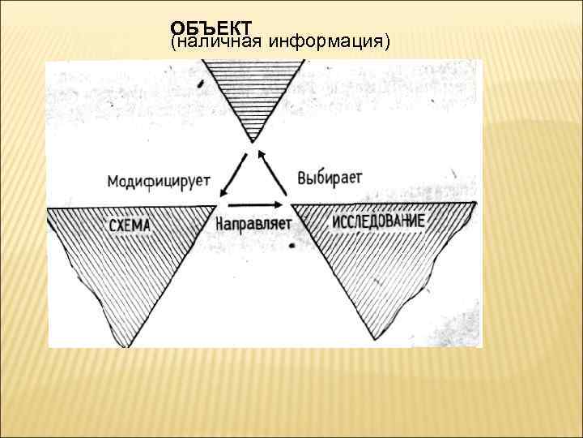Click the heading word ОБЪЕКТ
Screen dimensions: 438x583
211,28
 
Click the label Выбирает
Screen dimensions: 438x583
330,176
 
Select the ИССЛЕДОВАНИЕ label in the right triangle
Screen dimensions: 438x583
378,221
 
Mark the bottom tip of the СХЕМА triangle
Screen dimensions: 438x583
123,346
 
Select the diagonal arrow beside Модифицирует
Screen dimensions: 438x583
230,178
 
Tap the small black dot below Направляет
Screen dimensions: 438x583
291,244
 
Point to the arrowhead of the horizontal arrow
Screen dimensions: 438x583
284,204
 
